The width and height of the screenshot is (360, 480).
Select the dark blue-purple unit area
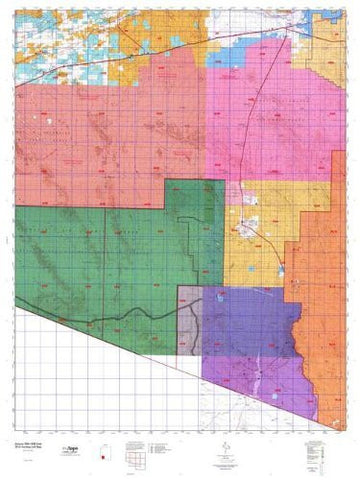[x=240, y=320]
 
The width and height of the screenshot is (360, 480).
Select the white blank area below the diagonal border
[x=80, y=380]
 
